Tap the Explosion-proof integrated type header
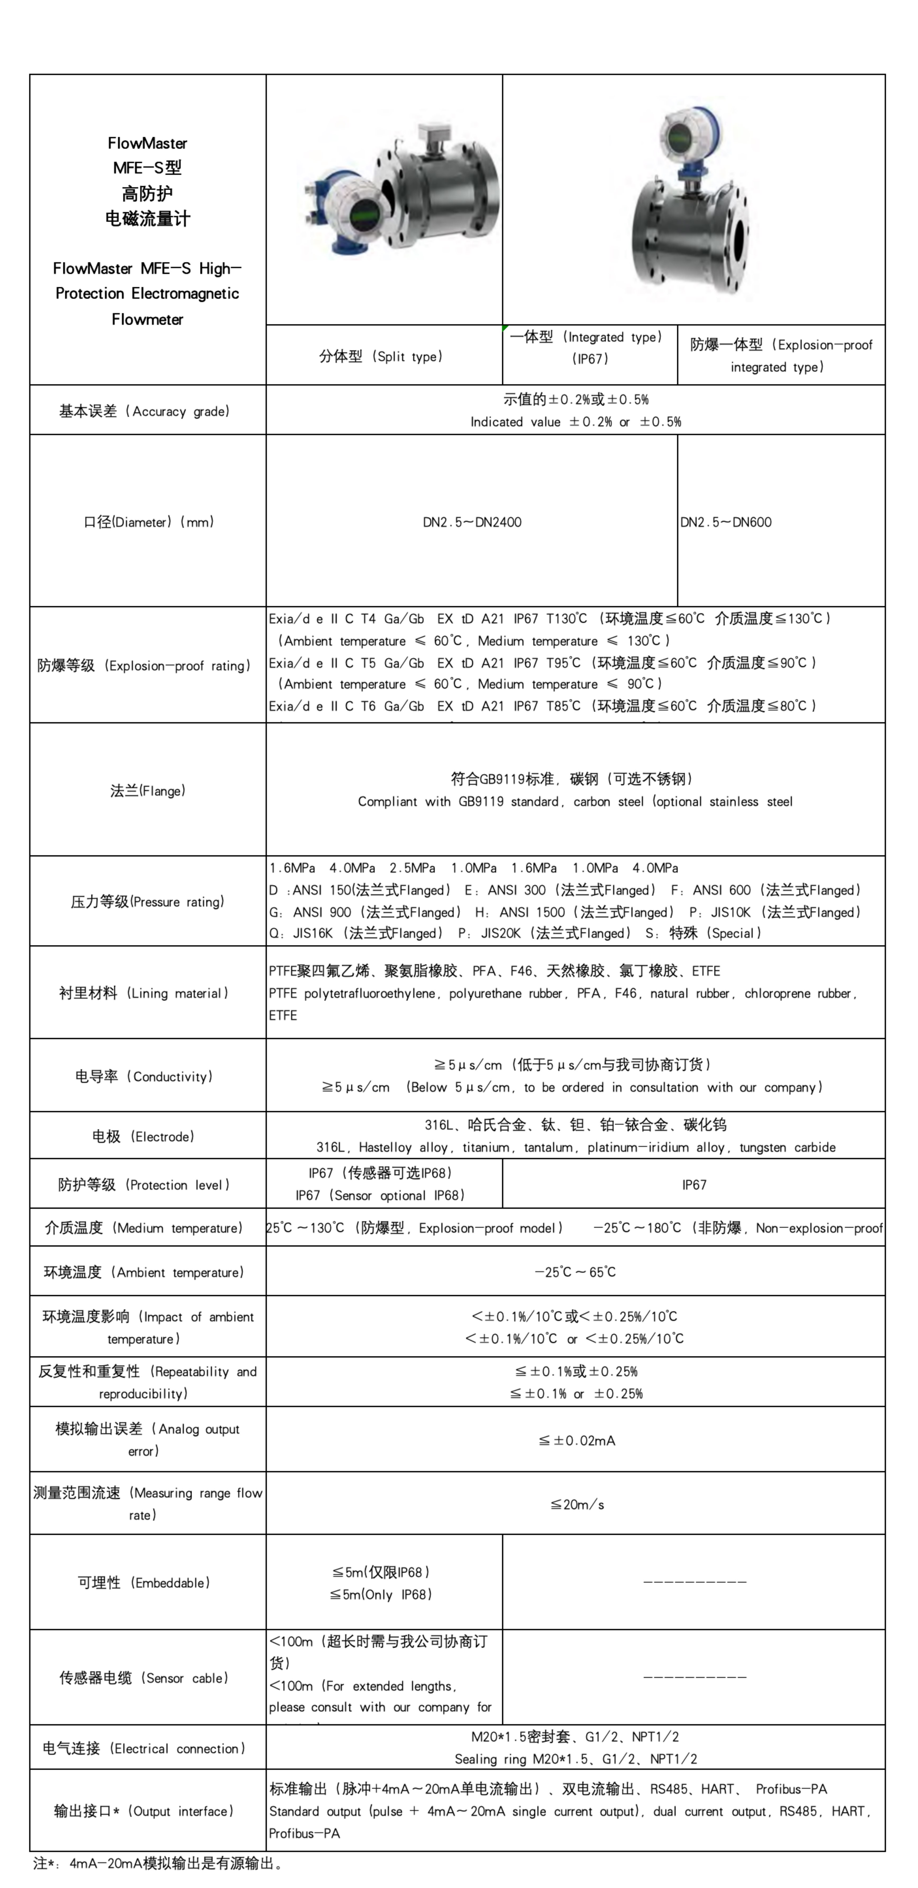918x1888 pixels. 781,355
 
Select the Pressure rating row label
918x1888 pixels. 147,901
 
